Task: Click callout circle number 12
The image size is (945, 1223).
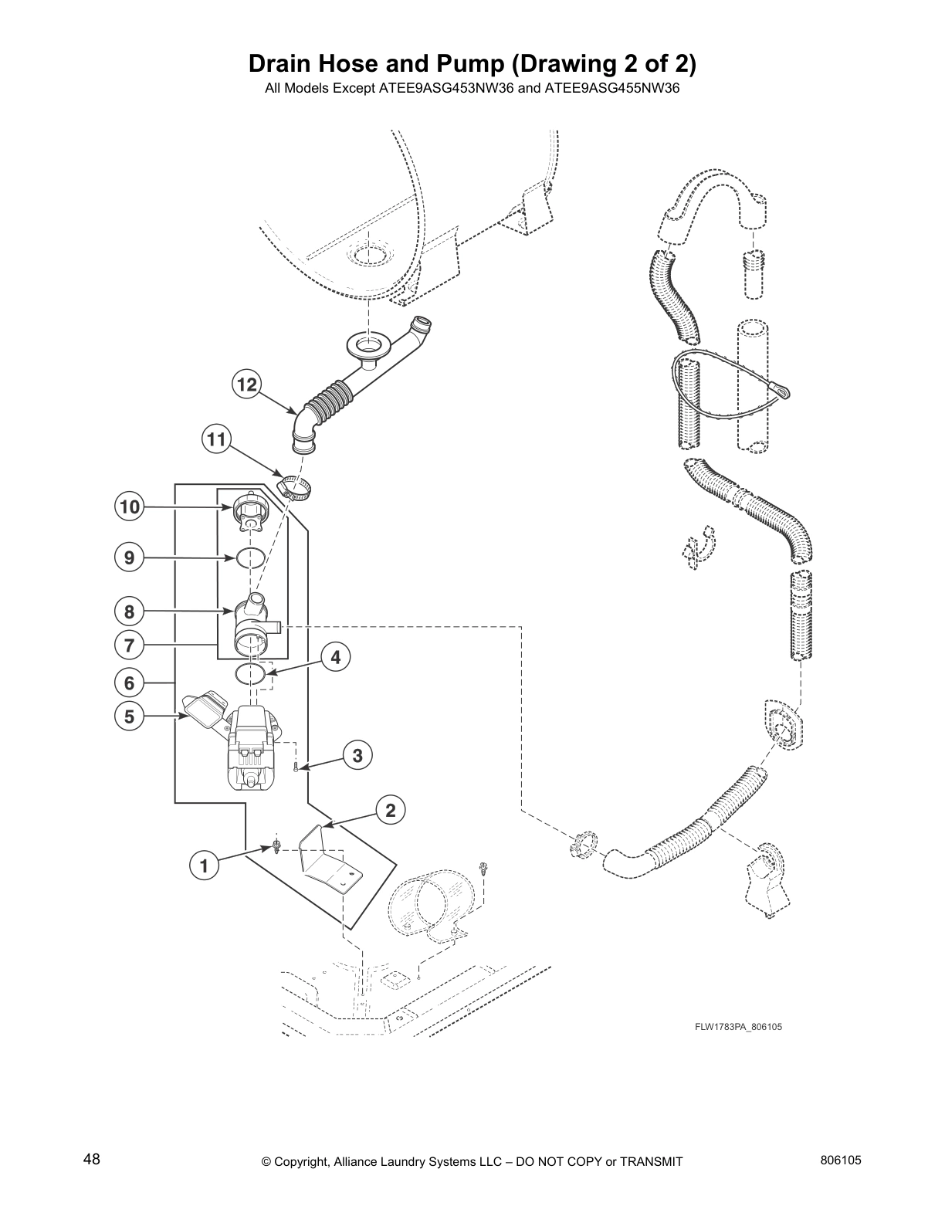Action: coord(247,385)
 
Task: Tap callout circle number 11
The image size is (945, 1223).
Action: coord(217,440)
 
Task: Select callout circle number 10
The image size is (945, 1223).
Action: coord(130,507)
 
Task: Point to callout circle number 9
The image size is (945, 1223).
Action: coord(130,557)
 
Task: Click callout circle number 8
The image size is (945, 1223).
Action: coord(130,612)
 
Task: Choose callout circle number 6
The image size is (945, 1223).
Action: coord(130,683)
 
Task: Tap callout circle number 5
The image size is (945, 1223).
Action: coord(130,717)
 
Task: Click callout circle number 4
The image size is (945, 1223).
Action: coord(335,658)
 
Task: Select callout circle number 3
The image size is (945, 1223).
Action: coord(357,755)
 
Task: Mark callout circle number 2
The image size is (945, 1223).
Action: coord(391,810)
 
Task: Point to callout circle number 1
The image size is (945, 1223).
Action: coord(205,866)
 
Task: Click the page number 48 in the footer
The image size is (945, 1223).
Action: coord(92,1160)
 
